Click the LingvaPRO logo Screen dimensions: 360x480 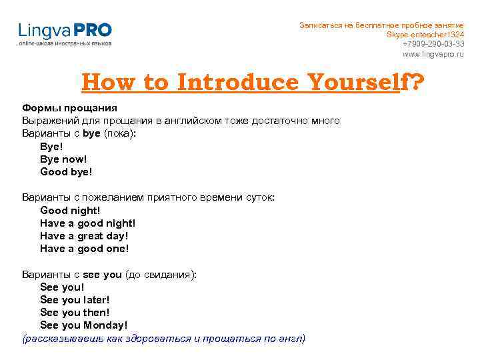click(x=65, y=33)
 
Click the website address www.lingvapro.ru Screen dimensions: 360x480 click(x=433, y=54)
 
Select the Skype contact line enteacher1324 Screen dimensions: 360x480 click(x=425, y=35)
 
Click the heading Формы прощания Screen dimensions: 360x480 click(x=69, y=108)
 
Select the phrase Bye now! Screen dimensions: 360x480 click(x=63, y=159)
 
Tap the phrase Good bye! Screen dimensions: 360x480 click(x=66, y=172)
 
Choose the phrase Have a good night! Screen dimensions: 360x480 click(x=87, y=223)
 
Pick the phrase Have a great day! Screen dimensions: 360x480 click(x=84, y=236)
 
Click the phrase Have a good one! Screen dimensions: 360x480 click(x=84, y=249)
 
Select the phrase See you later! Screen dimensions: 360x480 click(x=75, y=300)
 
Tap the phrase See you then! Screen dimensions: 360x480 click(x=75, y=313)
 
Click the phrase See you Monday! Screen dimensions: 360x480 click(x=83, y=325)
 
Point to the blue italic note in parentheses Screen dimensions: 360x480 click(x=164, y=339)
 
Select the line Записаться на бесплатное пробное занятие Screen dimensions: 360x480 click(x=381, y=25)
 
